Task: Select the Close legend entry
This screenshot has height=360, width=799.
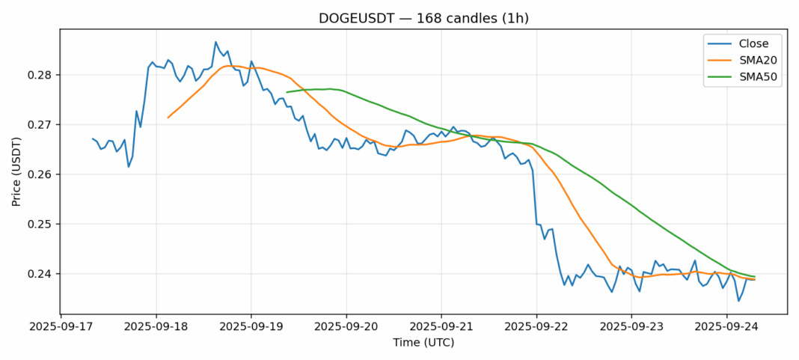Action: [748, 43]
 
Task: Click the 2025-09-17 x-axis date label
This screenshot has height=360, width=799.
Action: [61, 327]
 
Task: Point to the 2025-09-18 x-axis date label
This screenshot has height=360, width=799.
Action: [156, 327]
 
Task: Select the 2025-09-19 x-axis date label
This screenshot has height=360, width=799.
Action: [251, 327]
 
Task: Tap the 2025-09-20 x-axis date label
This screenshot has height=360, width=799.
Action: [346, 327]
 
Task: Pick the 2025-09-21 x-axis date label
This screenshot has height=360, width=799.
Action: [441, 327]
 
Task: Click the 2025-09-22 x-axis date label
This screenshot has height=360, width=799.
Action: [536, 327]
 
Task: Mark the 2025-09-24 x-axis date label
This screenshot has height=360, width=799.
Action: [726, 327]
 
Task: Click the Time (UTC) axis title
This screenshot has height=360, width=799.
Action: [423, 343]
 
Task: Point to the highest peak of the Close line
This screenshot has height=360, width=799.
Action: [215, 42]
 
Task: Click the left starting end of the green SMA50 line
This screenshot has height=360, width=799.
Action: [287, 92]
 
